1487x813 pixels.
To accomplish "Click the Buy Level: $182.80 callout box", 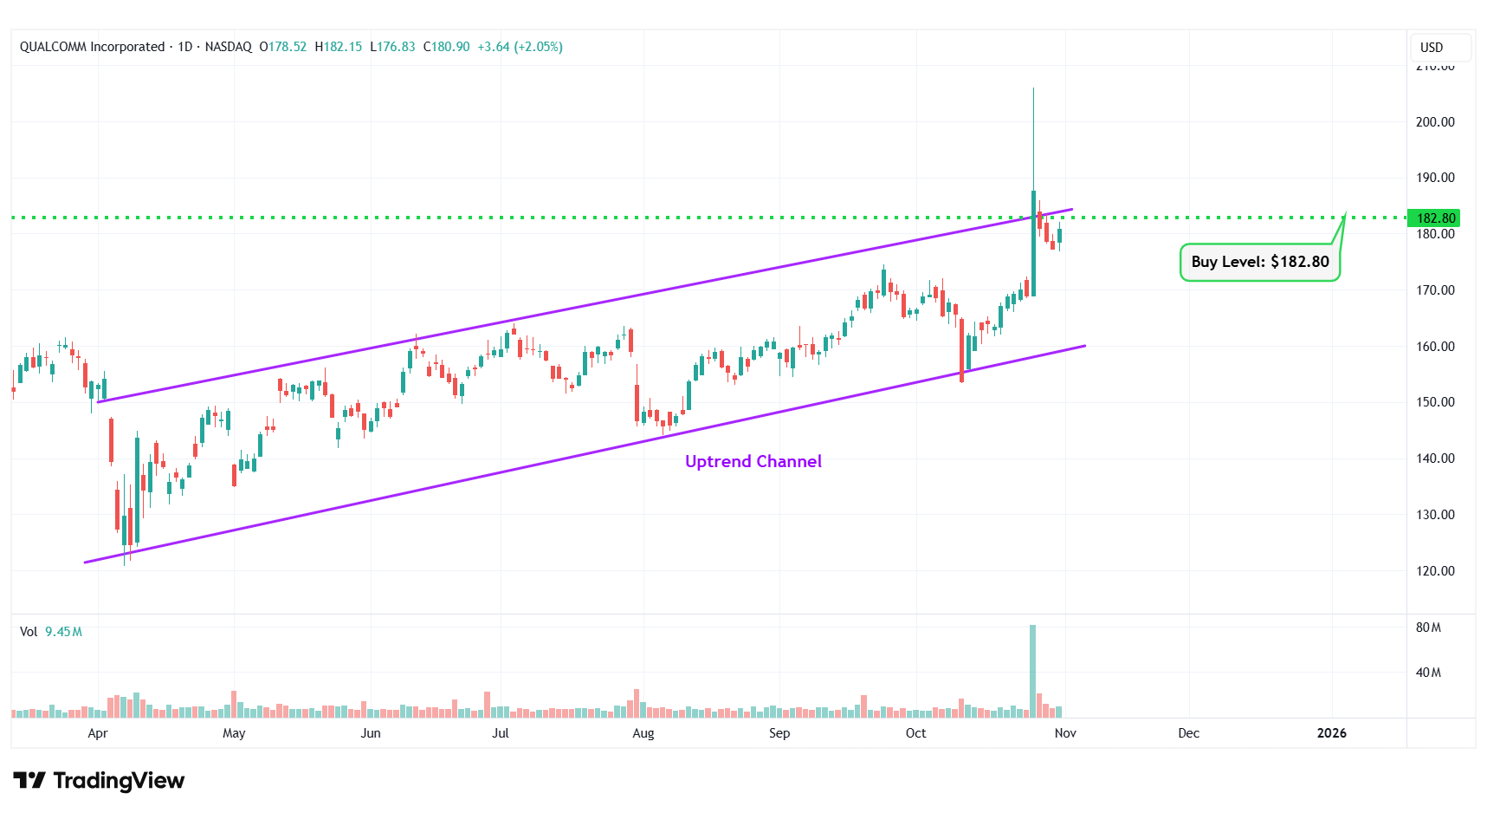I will pyautogui.click(x=1259, y=262).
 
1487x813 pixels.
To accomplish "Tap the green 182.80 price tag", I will pyautogui.click(x=1435, y=218).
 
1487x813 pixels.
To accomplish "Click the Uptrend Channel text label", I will pyautogui.click(x=753, y=462).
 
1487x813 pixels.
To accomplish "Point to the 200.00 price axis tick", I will pyautogui.click(x=1434, y=122).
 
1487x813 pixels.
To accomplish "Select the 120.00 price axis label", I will pyautogui.click(x=1434, y=571).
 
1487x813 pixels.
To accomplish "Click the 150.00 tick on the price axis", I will pyautogui.click(x=1434, y=402).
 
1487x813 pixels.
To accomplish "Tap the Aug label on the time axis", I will pyautogui.click(x=643, y=733).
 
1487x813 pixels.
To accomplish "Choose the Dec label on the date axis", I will pyautogui.click(x=1188, y=733).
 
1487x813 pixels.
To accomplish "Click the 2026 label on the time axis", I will pyautogui.click(x=1331, y=733).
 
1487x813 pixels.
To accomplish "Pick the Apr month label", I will pyautogui.click(x=98, y=733).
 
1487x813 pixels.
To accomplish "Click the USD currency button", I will pyautogui.click(x=1432, y=48).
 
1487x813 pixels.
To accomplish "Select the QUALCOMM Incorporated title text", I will pyautogui.click(x=92, y=47).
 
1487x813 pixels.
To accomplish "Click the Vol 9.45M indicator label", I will pyautogui.click(x=51, y=632).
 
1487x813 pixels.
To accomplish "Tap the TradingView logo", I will pyautogui.click(x=99, y=781).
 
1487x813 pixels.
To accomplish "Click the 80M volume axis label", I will pyautogui.click(x=1428, y=628).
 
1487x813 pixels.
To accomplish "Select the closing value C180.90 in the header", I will pyautogui.click(x=446, y=47).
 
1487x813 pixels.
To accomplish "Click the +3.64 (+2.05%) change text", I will pyautogui.click(x=520, y=47).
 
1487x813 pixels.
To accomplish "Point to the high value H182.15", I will pyautogui.click(x=339, y=47).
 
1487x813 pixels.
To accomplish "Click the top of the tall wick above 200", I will pyautogui.click(x=1033, y=89).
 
